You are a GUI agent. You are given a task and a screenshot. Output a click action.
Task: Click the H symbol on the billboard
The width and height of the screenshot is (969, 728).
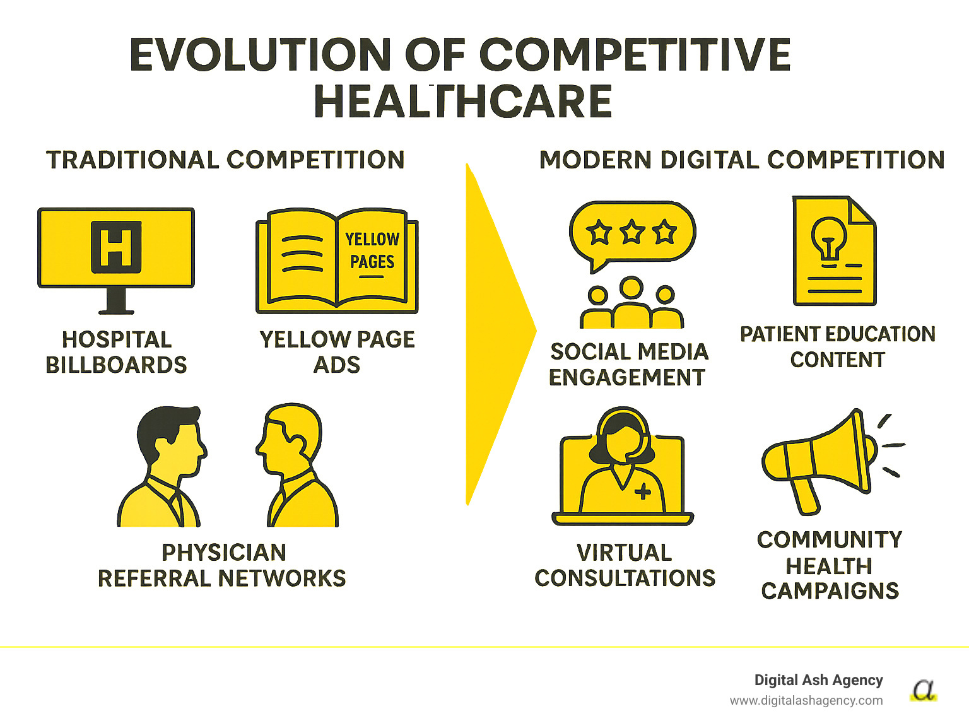tap(116, 247)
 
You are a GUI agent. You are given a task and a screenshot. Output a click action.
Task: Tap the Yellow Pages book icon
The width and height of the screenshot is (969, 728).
tap(337, 261)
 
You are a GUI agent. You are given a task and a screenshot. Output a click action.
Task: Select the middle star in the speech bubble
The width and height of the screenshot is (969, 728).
tap(631, 233)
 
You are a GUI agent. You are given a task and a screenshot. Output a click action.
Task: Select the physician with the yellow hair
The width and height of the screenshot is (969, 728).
tap(295, 467)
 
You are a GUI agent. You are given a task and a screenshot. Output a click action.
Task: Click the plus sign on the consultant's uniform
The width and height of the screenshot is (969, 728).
tap(643, 491)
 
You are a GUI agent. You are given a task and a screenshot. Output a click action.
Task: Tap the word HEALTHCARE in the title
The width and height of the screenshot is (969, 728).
tap(463, 102)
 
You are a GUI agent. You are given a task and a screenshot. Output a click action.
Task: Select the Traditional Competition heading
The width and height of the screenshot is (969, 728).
tap(225, 160)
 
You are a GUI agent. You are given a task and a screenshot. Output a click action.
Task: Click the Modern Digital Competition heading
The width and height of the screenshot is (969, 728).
tap(742, 160)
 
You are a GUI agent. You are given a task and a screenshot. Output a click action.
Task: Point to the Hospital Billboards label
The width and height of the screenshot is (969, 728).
tap(117, 352)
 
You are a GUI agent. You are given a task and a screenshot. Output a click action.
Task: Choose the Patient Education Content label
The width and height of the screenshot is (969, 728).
tap(837, 346)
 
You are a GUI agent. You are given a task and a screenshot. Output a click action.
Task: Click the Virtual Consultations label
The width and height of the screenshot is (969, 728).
tap(625, 565)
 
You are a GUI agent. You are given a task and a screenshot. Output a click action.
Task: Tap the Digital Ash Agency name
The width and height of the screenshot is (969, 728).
tap(818, 680)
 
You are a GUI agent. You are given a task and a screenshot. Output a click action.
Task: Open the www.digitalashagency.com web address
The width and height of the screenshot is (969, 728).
tap(806, 700)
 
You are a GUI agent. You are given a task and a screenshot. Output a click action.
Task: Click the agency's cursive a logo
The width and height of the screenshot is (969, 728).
tap(924, 690)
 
